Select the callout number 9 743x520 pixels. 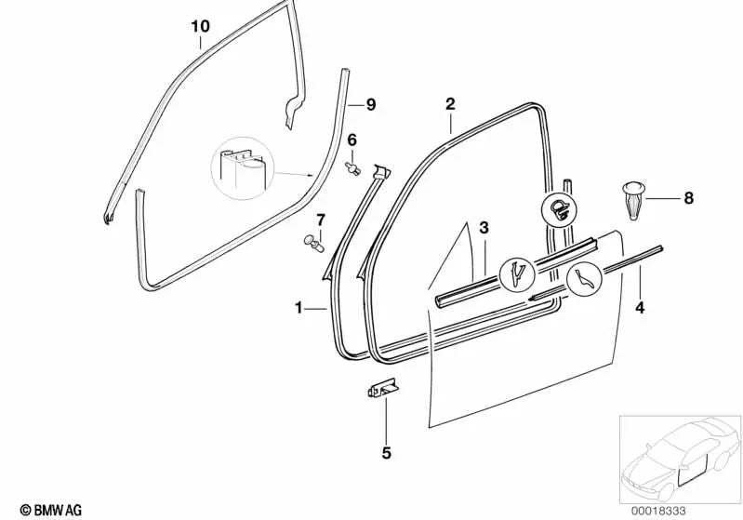pos(370,104)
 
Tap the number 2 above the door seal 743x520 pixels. pos(450,103)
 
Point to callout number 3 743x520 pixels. pos(483,228)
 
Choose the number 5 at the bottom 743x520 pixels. pos(386,453)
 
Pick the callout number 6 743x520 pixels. pos(352,140)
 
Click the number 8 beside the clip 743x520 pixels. pos(688,198)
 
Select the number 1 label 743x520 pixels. pos(299,306)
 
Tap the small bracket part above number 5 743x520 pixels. pos(380,389)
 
